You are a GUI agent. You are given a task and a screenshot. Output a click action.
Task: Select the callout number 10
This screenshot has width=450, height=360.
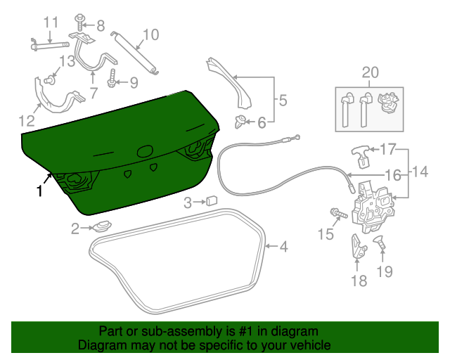(150, 33)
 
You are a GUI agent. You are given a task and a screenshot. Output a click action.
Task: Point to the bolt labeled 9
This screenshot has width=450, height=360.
(112, 79)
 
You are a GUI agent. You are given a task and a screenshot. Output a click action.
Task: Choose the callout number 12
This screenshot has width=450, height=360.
(25, 119)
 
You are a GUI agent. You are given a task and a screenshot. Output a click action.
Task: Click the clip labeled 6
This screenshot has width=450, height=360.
(242, 122)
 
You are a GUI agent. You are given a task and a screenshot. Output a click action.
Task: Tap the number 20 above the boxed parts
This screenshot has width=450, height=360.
(370, 72)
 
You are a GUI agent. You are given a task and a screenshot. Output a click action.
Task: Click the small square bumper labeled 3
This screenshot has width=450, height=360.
(210, 202)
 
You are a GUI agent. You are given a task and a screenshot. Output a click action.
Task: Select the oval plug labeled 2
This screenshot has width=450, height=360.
(103, 227)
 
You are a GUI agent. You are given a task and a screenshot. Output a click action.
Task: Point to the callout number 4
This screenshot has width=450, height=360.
(283, 247)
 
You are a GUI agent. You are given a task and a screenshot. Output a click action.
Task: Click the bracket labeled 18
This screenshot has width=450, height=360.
(357, 247)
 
